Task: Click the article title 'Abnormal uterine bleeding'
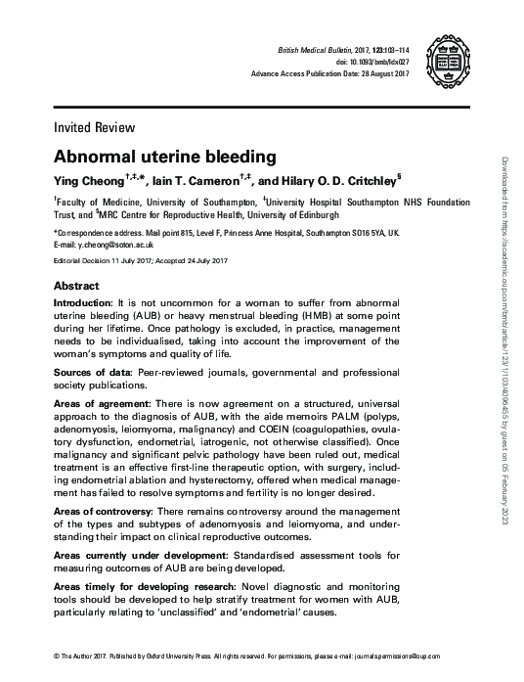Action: (165, 156)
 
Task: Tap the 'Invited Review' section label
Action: (94, 127)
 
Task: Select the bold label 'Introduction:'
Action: (82, 305)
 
